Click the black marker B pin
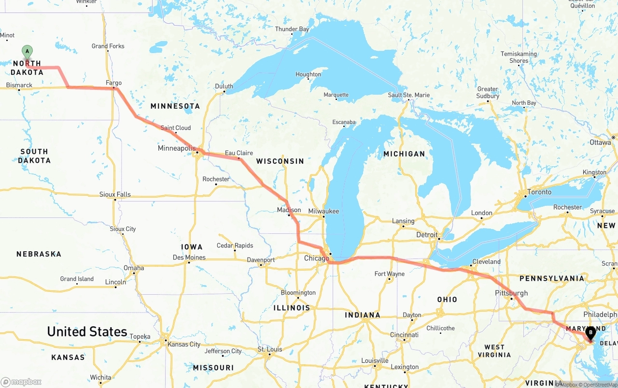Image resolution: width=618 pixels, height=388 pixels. pos(590,332)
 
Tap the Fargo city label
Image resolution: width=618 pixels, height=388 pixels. pos(113,83)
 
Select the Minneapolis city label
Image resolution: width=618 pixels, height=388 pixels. pos(177,148)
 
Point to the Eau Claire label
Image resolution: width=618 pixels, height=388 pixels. pos(239,153)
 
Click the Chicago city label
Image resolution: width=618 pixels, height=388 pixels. pos(316,259)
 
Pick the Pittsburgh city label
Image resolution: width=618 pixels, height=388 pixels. pos(511,293)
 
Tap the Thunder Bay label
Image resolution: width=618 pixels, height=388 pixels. pos(292,29)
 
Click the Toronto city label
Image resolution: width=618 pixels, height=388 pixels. pos(539,192)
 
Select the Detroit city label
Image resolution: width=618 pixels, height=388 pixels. pos(427,235)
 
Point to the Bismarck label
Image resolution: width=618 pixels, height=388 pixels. pos(19,85)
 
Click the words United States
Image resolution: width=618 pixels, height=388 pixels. pos(87,331)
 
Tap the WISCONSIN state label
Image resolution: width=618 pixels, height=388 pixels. pos(280,161)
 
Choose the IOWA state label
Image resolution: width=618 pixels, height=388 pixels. pos(192,246)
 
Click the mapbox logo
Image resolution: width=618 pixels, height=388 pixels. pos(21,382)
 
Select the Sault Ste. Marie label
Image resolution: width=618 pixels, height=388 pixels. pos(408,95)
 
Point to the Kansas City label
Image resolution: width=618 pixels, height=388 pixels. pos(184,345)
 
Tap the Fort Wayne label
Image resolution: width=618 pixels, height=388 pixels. pos(389,274)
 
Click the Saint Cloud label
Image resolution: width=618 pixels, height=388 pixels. pos(176,128)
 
